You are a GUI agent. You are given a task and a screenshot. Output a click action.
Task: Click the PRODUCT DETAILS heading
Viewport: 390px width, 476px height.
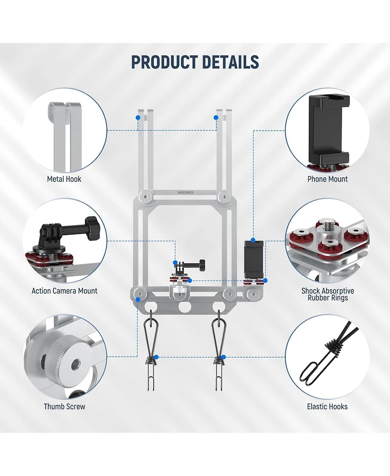pos(195,62)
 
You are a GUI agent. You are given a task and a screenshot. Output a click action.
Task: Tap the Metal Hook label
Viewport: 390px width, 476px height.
pos(64,179)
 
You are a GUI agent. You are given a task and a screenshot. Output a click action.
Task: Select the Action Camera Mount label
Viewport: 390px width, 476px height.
pos(64,291)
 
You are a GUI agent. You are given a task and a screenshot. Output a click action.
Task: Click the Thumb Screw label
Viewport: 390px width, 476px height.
pos(64,406)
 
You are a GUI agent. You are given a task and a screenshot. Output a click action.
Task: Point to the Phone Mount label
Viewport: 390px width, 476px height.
pos(328,179)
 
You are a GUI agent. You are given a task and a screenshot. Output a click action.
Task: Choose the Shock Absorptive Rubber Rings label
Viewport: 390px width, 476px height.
pos(328,294)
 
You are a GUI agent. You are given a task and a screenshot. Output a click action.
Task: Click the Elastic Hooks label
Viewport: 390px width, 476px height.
pos(327,406)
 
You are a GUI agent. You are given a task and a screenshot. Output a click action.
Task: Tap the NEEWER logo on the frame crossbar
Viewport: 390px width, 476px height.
pos(186,192)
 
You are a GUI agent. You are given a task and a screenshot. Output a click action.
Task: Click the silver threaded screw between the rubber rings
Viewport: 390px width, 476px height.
pos(328,227)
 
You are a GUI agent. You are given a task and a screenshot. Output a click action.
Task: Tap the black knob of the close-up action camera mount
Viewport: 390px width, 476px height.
pos(90,224)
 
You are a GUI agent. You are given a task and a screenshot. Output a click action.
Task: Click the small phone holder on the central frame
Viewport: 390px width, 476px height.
pos(253,260)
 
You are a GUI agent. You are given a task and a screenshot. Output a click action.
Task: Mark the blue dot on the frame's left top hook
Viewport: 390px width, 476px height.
pos(138,117)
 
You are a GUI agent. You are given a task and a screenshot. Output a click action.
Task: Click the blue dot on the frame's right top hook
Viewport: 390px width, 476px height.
pos(215,117)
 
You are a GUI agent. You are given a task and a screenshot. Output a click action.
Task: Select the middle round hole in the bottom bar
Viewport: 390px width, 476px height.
pos(185,307)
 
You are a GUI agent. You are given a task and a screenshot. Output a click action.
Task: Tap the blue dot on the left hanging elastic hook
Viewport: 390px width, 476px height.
pos(156,357)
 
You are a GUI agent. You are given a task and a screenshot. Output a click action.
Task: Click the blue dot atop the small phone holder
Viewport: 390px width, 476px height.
pos(253,240)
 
